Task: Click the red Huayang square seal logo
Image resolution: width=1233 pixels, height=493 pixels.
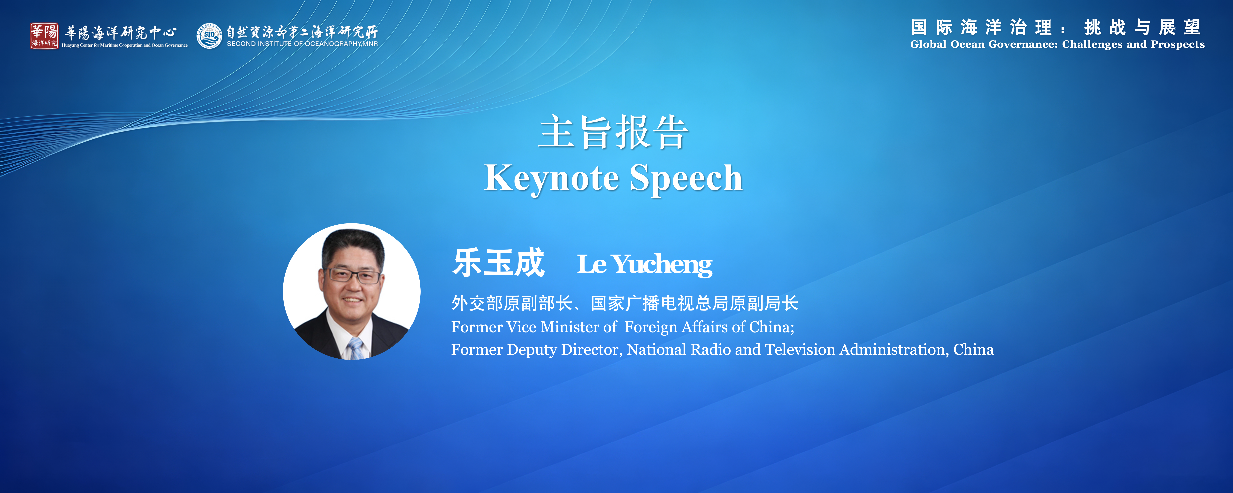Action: pos(44,35)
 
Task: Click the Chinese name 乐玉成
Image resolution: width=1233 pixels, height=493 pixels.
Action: pos(498,263)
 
